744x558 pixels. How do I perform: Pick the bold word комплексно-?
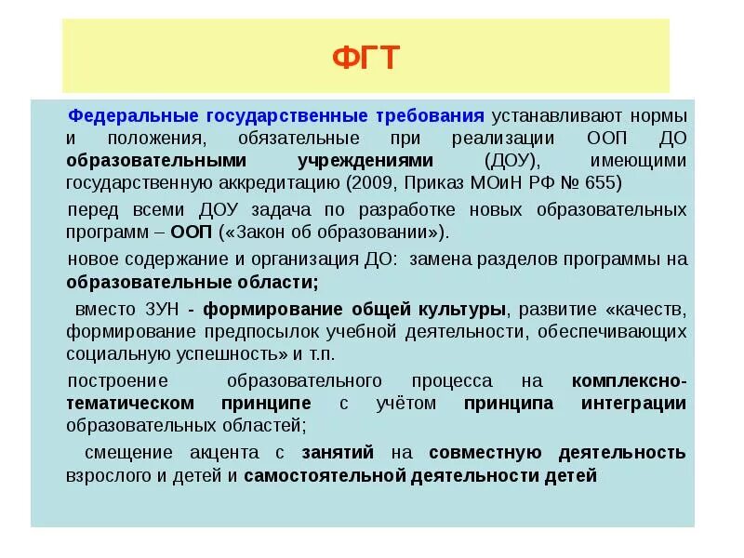[x=630, y=381]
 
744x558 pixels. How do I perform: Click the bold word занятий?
[x=338, y=453]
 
